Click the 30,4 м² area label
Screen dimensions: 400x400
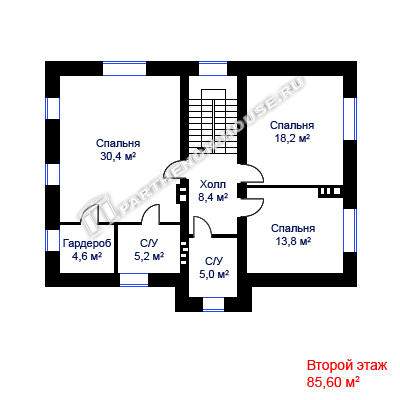pyautogui.click(x=118, y=156)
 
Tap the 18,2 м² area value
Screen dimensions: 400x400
pyautogui.click(x=292, y=138)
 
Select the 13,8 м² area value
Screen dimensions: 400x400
pyautogui.click(x=293, y=241)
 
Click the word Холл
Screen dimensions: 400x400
pyautogui.click(x=213, y=184)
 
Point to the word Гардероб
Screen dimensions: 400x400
pyautogui.click(x=87, y=243)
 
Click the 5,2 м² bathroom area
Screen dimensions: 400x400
pyautogui.click(x=149, y=256)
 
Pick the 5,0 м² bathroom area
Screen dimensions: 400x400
pyautogui.click(x=214, y=274)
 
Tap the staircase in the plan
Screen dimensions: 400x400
pyautogui.click(x=213, y=122)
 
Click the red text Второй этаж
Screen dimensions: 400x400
pyautogui.click(x=347, y=366)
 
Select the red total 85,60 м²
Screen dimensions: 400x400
pyautogui.click(x=333, y=382)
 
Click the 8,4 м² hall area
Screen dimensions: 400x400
pyautogui.click(x=213, y=198)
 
